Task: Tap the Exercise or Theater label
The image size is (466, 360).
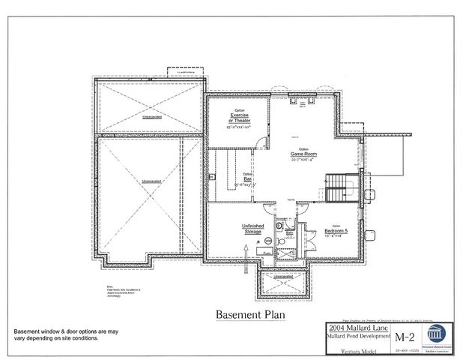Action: tap(240, 117)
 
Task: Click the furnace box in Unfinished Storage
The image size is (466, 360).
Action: tap(267, 253)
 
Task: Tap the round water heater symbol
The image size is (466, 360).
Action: tap(268, 241)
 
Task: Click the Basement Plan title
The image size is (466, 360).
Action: tap(250, 315)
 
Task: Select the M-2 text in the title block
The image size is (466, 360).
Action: tap(405, 334)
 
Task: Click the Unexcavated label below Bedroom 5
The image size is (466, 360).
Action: tap(283, 277)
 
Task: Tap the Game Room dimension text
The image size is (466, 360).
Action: tap(304, 160)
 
